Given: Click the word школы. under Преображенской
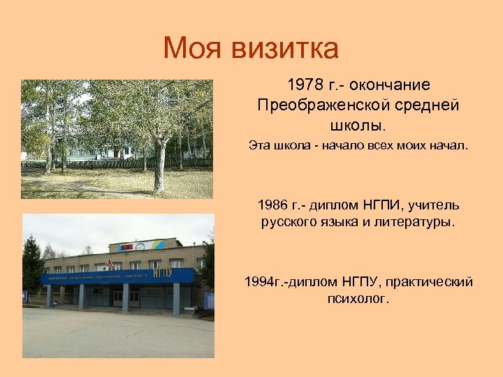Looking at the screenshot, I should tap(357, 126).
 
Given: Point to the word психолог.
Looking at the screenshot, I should tap(358, 299).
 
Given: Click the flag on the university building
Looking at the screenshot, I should tap(109, 265).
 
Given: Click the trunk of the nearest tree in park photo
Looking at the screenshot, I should tap(159, 168).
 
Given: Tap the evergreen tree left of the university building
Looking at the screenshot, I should tap(32, 269).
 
